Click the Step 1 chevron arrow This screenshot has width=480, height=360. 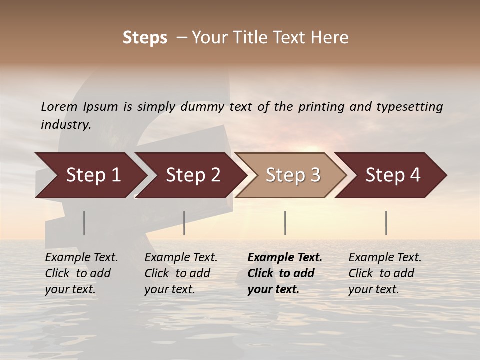coord(92,175)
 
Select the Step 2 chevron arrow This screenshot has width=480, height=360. coord(192,175)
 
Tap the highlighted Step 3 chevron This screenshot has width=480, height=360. coord(292,175)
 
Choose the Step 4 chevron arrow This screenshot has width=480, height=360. coord(392,175)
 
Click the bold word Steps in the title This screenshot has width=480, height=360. coord(145,38)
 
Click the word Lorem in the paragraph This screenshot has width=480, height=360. coord(59,106)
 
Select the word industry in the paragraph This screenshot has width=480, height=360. coord(65,125)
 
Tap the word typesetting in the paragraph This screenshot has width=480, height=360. coord(409,106)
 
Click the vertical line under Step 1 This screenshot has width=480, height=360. coord(84,223)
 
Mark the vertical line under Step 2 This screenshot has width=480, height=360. coord(184,223)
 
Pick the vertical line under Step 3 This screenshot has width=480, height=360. coord(285,223)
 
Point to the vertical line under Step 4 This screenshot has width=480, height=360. coord(386,223)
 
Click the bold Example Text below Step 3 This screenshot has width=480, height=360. coord(285,257)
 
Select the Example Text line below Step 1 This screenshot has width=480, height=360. coord(81,257)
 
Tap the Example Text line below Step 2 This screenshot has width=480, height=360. coord(181,257)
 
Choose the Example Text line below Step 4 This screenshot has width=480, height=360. coord(385,257)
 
